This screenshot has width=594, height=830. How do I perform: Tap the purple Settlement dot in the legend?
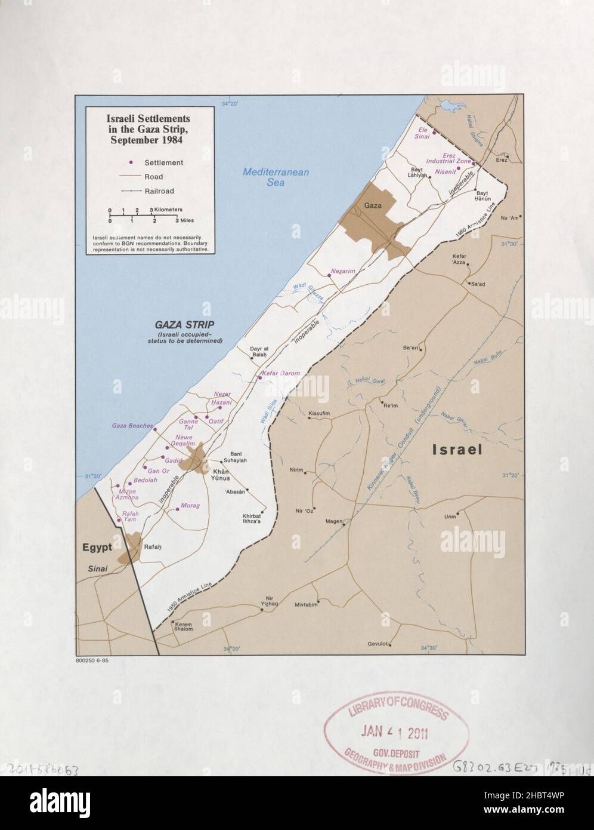click(129, 162)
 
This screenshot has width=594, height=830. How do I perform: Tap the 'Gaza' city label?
click(373, 205)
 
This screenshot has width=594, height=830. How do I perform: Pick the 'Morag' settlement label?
click(190, 506)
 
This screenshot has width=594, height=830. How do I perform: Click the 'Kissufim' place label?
click(319, 413)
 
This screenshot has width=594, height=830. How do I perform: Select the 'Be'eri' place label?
click(412, 347)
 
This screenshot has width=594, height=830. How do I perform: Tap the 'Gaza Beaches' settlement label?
click(132, 426)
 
